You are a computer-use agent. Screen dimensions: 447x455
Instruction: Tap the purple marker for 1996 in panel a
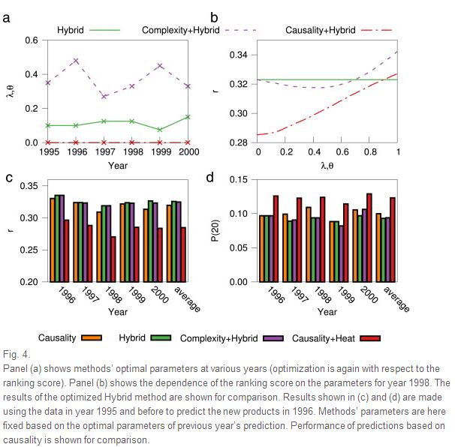point(76,61)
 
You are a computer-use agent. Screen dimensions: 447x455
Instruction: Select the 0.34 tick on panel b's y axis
point(240,55)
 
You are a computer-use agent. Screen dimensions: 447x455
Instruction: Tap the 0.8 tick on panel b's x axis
point(370,153)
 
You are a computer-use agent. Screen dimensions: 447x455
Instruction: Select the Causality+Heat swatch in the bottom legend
point(370,338)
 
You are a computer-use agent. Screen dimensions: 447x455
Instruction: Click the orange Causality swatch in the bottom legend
point(92,338)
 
